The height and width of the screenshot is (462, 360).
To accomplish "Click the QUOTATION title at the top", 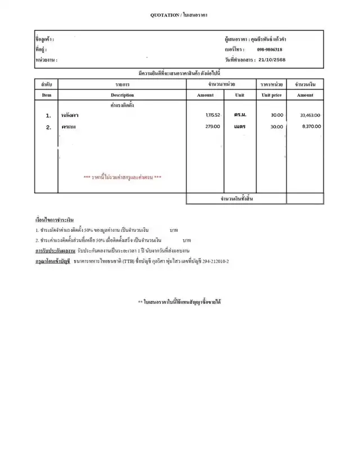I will tap(179, 14).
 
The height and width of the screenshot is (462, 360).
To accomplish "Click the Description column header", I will tap(122, 95).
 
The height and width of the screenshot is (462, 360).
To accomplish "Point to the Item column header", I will tap(47, 95).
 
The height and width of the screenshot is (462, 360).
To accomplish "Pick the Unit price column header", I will tap(272, 95).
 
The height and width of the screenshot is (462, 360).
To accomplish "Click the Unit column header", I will tap(240, 95).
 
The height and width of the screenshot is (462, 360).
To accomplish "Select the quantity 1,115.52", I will tap(213, 115).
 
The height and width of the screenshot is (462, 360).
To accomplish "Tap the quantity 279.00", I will tap(213, 127).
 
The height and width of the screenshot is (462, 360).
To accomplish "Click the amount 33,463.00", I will tap(310, 115).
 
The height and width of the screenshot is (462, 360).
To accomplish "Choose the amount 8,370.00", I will tap(311, 127).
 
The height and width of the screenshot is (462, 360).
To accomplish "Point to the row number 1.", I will tap(48, 115).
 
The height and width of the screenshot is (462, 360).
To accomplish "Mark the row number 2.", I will tap(48, 127).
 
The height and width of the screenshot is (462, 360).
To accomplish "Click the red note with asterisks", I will tap(123, 177).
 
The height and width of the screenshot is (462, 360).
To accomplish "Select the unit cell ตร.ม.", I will tap(240, 115).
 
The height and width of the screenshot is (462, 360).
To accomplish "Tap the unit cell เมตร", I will tap(240, 127).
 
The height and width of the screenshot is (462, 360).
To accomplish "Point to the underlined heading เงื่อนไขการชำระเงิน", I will tap(54, 219).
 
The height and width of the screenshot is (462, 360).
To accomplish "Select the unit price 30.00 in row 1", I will tap(277, 115).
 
